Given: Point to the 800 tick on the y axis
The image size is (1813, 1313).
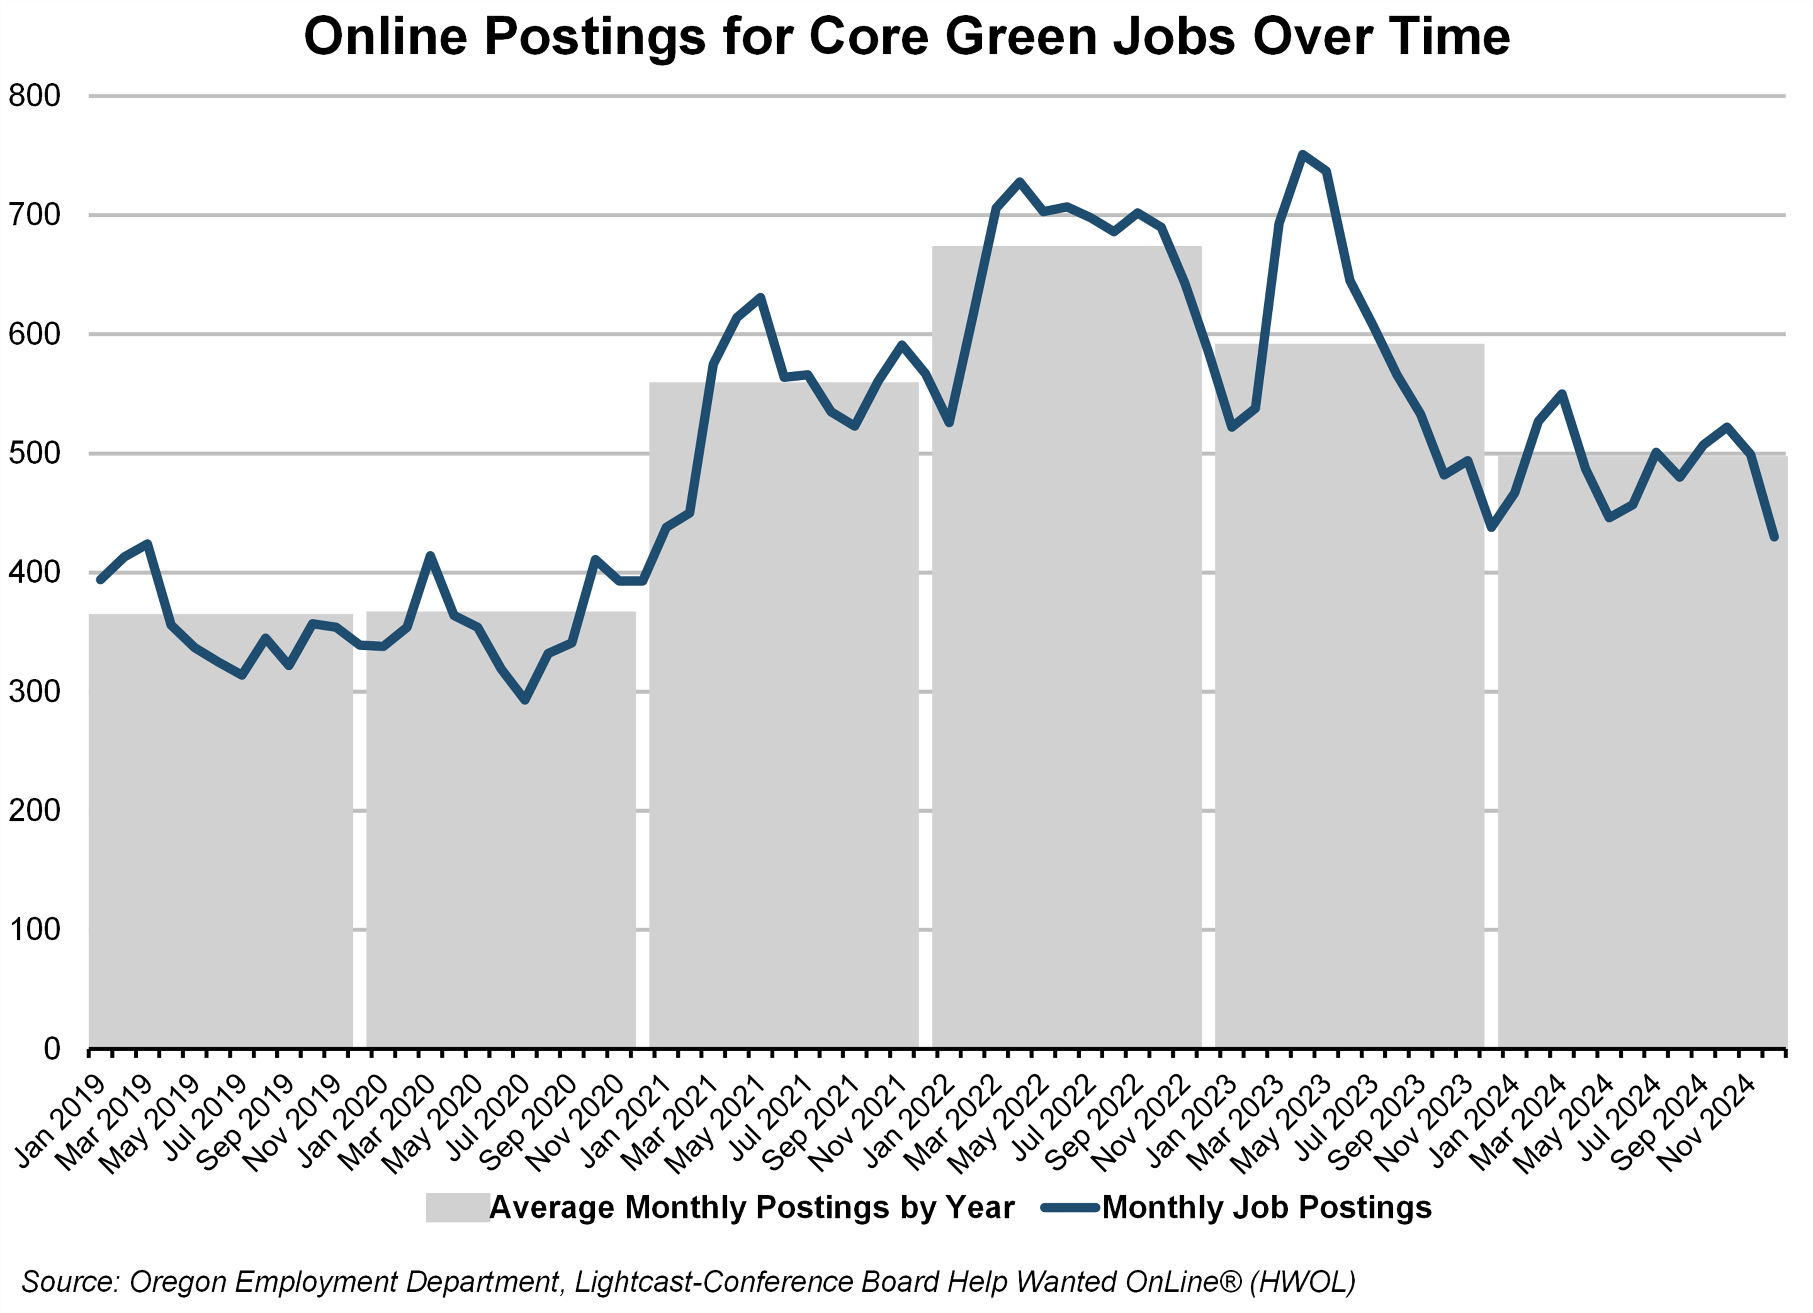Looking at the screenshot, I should [x=34, y=96].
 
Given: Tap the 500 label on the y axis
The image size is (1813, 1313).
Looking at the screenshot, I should [x=34, y=453].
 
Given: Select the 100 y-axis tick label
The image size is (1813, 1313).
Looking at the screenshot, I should [x=34, y=929].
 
